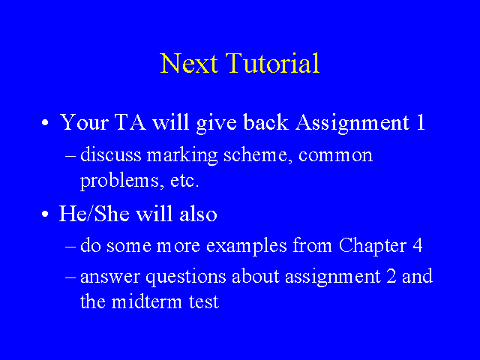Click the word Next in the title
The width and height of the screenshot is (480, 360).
[189, 63]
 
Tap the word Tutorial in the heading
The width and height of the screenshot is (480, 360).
[273, 63]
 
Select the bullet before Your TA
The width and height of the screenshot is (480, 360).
[45, 123]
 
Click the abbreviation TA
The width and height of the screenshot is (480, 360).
[130, 122]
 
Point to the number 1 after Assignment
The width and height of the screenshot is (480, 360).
[421, 122]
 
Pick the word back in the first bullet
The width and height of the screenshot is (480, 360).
[265, 122]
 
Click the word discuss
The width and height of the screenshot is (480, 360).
[111, 154]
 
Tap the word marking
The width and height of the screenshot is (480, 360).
[182, 156]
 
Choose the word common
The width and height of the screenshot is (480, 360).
[335, 155]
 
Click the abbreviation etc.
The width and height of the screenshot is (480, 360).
[184, 181]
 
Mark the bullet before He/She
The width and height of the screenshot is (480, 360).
[45, 214]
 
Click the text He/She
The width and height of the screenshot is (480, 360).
[94, 213]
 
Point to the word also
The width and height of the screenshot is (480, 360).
[198, 213]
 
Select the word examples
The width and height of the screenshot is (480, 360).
[247, 247]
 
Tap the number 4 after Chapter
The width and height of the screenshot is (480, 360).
[418, 245]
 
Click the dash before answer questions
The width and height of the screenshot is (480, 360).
[70, 277]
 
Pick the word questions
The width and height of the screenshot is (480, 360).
[186, 277]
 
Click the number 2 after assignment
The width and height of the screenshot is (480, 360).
[391, 276]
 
